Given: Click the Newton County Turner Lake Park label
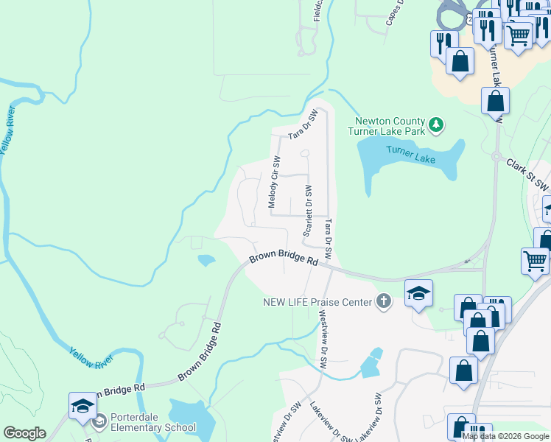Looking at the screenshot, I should [x=390, y=127].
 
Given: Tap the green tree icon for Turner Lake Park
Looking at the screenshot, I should [x=437, y=125].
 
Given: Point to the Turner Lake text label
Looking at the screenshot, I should [x=410, y=154].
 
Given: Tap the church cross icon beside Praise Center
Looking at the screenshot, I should [x=383, y=301].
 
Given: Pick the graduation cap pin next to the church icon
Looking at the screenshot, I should [x=418, y=294].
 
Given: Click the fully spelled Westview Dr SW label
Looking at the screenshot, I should [x=322, y=338].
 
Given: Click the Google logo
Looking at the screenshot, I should [x=24, y=433].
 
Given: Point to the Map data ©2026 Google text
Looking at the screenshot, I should [x=506, y=436].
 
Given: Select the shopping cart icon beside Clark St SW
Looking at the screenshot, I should [x=535, y=260].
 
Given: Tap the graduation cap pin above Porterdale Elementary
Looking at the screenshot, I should [x=83, y=406].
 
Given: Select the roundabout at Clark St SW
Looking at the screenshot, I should [x=496, y=157].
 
